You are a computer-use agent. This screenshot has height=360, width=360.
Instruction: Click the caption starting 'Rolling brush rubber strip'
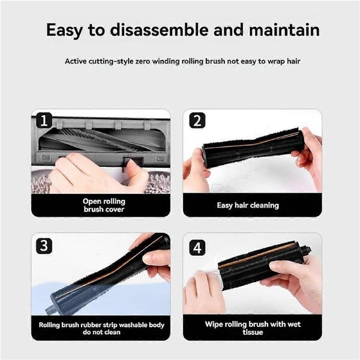[x=101, y=329]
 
